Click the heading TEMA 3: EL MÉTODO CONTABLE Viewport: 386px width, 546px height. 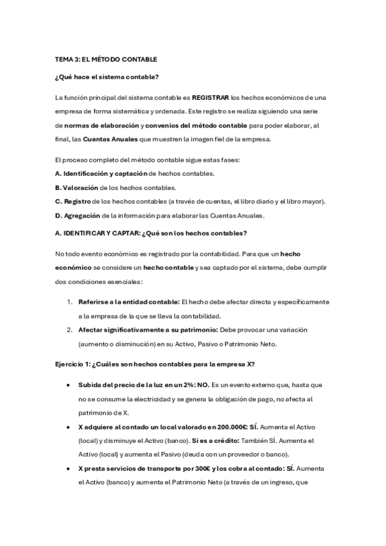(106, 59)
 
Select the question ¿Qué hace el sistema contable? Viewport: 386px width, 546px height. (107, 78)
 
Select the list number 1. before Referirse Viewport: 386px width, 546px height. (69, 301)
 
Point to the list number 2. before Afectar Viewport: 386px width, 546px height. (69, 330)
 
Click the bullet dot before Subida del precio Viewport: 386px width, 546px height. (69, 385)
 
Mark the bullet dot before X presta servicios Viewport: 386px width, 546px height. (69, 469)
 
